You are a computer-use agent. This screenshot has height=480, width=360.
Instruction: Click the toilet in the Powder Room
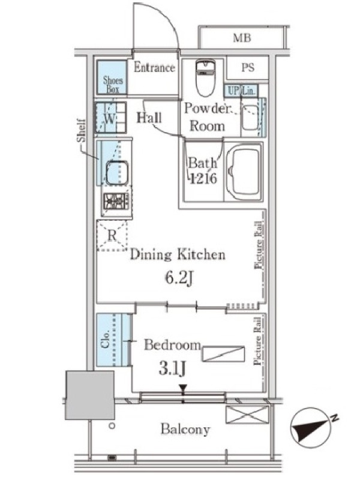coord(205,77)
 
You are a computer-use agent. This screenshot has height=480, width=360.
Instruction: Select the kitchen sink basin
coord(116,172)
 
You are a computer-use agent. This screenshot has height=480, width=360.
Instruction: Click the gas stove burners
coord(115,202)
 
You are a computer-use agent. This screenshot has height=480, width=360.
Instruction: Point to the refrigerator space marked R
coord(112,236)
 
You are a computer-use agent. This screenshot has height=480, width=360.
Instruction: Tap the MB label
coord(242,38)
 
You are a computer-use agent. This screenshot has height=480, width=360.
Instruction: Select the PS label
coord(248,68)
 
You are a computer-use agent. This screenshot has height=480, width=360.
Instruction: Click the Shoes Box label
coord(113,85)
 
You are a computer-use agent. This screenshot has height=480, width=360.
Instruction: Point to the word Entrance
coord(154,68)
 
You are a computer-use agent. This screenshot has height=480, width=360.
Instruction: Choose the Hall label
coord(149,118)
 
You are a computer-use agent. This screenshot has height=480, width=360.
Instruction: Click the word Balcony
coord(185,429)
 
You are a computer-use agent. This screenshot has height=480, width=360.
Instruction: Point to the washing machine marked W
coord(111,118)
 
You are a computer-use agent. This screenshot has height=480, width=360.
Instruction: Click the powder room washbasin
coord(250,118)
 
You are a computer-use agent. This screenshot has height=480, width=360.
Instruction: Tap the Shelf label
coord(81,130)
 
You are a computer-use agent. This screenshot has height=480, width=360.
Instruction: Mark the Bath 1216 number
coord(203,178)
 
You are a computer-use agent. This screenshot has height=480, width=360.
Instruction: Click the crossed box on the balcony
coord(247,415)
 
